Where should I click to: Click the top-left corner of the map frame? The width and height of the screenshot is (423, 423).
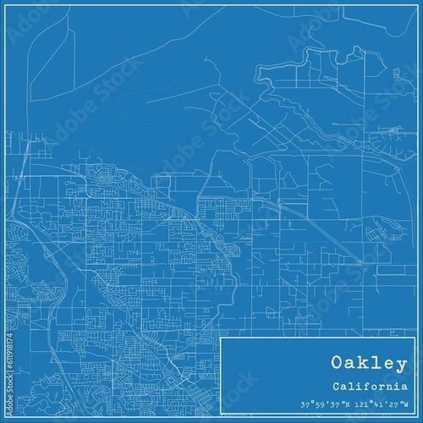[6, 6]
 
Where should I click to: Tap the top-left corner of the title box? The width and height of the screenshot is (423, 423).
[221, 338]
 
